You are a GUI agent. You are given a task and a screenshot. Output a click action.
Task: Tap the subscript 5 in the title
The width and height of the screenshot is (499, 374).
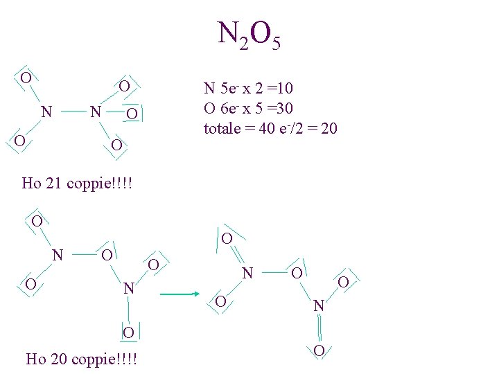[x=276, y=45]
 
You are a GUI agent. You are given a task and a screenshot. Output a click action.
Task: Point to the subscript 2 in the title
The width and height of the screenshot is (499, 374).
[x=241, y=45]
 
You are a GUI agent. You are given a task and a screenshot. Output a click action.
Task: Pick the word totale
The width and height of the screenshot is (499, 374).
[x=222, y=128]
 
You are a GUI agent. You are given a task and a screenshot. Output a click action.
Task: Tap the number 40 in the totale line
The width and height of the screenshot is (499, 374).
[x=267, y=128]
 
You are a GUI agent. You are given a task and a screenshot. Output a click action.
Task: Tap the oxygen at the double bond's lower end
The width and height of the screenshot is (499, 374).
[x=318, y=350]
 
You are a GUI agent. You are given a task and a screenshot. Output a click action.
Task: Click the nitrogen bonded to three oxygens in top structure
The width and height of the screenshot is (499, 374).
[x=98, y=112]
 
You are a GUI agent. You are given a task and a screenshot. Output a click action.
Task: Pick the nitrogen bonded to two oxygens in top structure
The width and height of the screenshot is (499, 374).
[x=46, y=112]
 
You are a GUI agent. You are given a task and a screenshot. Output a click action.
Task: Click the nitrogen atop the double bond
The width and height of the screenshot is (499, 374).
[x=318, y=305]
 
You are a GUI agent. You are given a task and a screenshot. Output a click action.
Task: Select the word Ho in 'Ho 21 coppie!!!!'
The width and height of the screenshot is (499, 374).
[x=31, y=184]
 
